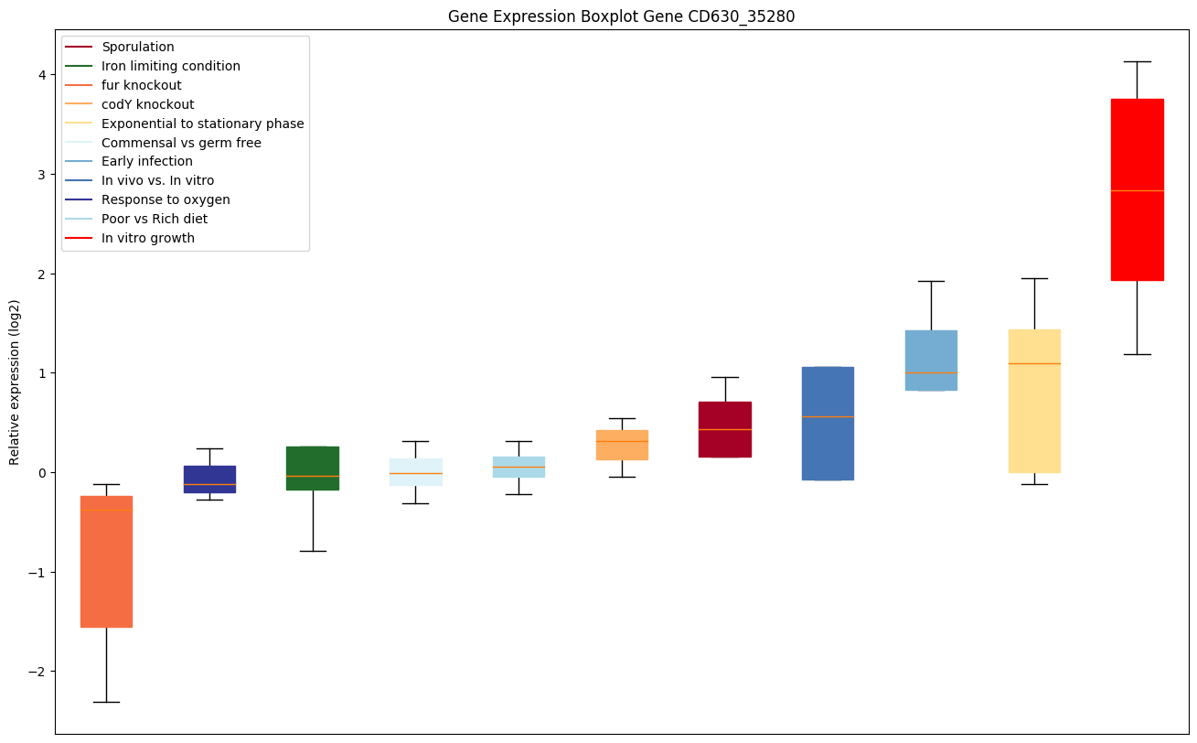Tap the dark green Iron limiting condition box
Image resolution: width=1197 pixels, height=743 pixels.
click(313, 468)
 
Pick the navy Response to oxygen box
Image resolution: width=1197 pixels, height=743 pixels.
click(209, 479)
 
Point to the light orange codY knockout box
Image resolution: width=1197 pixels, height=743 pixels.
click(622, 446)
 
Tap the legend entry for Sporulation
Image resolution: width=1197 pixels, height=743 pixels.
click(137, 47)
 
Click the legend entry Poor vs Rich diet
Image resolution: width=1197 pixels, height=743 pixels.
click(154, 219)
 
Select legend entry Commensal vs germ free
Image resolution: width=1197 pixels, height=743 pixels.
click(181, 143)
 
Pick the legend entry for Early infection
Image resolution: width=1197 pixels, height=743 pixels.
click(146, 162)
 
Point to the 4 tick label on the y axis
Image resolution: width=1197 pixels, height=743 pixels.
click(40, 74)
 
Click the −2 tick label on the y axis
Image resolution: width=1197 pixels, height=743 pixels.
click(37, 672)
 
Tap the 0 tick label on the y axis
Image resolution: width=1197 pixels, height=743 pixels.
click(40, 473)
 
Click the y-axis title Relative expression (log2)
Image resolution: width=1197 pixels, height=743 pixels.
click(15, 382)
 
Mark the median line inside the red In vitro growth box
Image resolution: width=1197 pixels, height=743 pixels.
click(1137, 190)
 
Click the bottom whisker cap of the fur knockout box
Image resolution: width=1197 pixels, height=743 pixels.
click(106, 702)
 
